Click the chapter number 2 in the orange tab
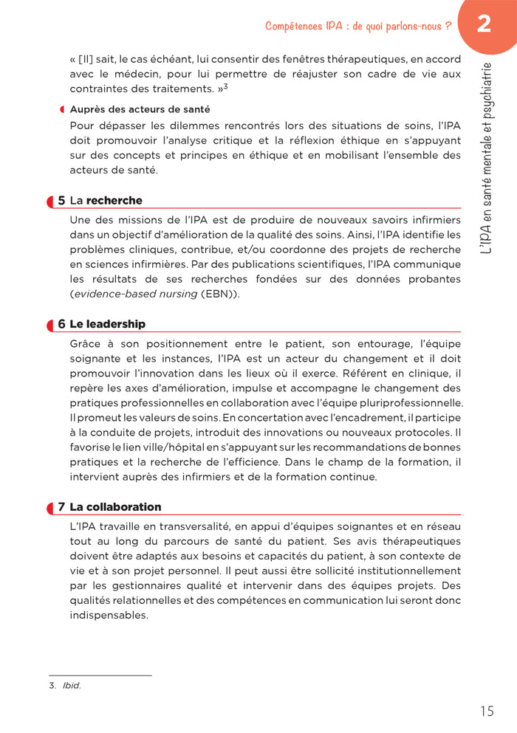(484, 25)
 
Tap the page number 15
(486, 712)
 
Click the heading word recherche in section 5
(114, 201)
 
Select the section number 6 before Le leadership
(62, 324)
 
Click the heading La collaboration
(115, 507)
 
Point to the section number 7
(62, 507)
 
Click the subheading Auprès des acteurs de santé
(140, 109)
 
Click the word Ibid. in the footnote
(72, 685)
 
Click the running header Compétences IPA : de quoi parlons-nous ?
(358, 27)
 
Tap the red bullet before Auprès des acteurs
(63, 109)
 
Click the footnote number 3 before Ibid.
(52, 685)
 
